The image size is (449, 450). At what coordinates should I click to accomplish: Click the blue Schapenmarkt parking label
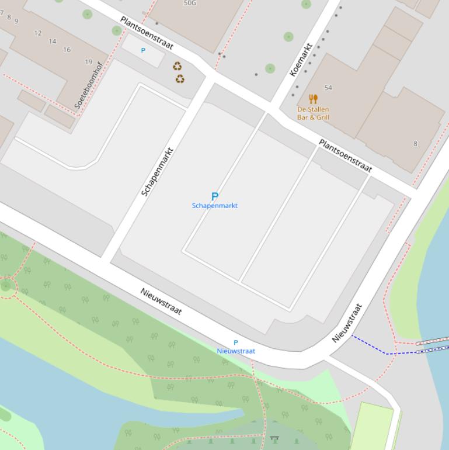pos(215,206)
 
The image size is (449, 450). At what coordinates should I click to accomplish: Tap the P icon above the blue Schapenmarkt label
pos(214,196)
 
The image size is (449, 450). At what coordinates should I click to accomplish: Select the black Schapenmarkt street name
pos(158,171)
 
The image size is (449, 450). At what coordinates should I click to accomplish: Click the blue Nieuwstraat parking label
pos(236,351)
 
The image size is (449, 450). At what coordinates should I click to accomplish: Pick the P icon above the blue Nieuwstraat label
pos(236,342)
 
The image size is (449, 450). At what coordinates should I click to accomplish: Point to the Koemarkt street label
pos(301,60)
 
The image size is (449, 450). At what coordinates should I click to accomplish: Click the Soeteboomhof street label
pos(88,85)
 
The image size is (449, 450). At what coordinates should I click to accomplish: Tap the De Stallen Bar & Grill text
pos(313,113)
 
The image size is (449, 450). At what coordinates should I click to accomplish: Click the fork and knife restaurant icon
pos(314,99)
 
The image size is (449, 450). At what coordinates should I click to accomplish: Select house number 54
pos(328,88)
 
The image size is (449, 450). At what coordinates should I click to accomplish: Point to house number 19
pos(88,61)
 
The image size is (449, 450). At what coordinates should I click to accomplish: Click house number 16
pos(67,50)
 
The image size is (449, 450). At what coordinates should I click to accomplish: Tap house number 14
pos(53,41)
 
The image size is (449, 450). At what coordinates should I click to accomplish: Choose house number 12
pos(38,33)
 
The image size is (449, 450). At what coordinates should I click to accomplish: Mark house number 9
pos(16,21)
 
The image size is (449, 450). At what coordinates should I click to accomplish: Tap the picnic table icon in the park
pos(274,438)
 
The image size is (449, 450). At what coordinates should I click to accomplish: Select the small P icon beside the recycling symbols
pos(143,51)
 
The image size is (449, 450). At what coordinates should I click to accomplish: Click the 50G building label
pos(190,3)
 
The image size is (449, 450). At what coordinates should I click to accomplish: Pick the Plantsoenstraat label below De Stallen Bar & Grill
pos(345,155)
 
